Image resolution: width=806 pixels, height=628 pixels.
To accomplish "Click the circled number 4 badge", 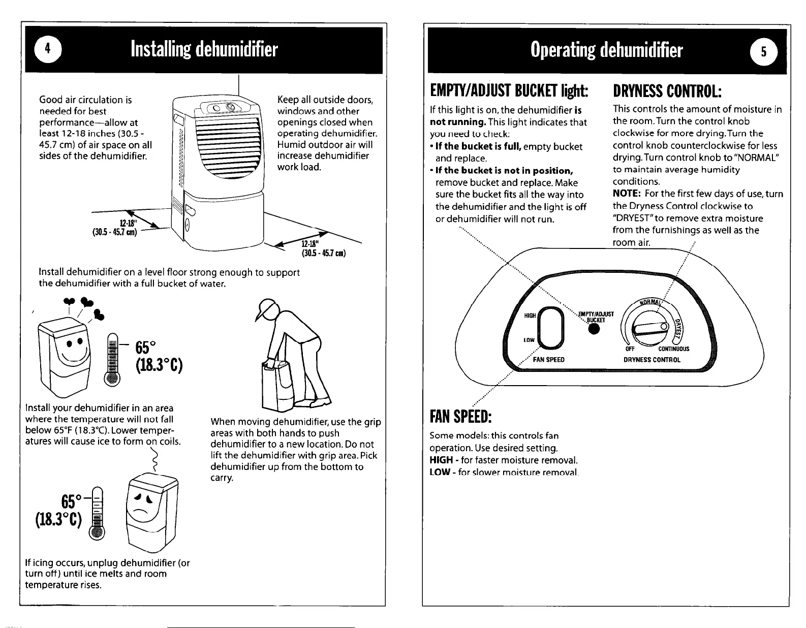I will [48, 49].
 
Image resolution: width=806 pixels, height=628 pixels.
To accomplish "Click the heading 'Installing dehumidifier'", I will [204, 49].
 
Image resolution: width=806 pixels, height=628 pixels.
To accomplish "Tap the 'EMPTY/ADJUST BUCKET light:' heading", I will [509, 92].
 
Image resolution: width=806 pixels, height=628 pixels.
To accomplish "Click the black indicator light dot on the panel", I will [593, 330].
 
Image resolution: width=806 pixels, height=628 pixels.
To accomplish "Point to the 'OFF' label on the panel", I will [630, 349].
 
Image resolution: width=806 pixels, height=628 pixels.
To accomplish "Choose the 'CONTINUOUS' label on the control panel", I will [673, 349].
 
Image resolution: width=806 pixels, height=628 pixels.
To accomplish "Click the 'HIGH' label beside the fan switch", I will [530, 316].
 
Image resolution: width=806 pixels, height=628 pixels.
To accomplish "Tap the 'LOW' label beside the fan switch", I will [530, 339].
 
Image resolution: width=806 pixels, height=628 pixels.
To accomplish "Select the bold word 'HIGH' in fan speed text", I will [440, 460].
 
